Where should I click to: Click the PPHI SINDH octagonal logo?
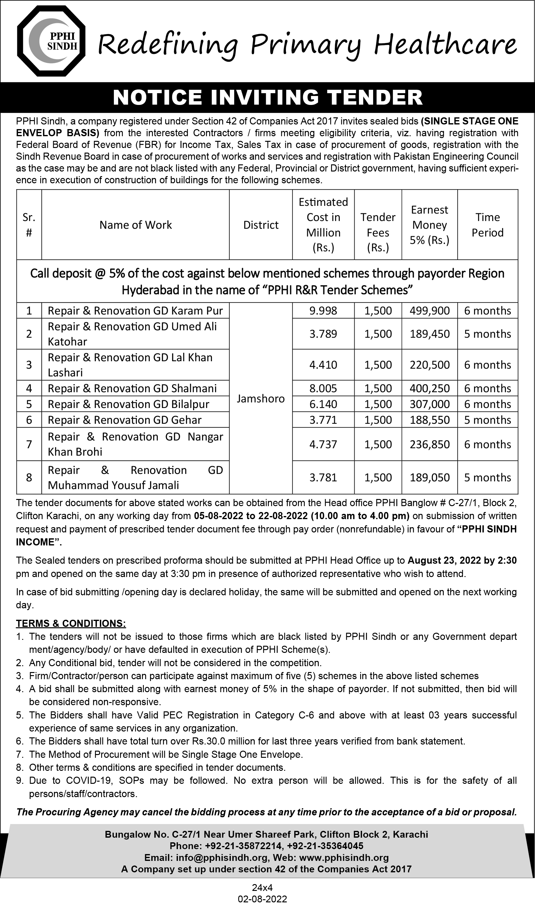tap(51, 41)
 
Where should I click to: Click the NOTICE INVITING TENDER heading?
tap(267, 98)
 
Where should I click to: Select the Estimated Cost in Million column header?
tap(323, 225)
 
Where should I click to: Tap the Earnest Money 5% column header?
tap(429, 225)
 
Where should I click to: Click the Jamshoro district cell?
tap(261, 398)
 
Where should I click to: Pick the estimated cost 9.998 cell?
tap(323, 310)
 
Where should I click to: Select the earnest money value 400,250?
tap(429, 388)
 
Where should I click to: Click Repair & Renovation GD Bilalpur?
tap(128, 404)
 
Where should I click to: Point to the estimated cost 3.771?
tap(323, 420)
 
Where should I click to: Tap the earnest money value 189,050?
tap(429, 477)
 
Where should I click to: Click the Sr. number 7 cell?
tap(29, 444)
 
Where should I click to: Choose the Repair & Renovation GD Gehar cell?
tap(124, 420)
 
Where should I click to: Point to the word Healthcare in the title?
tap(445, 45)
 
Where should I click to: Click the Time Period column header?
tap(487, 225)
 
